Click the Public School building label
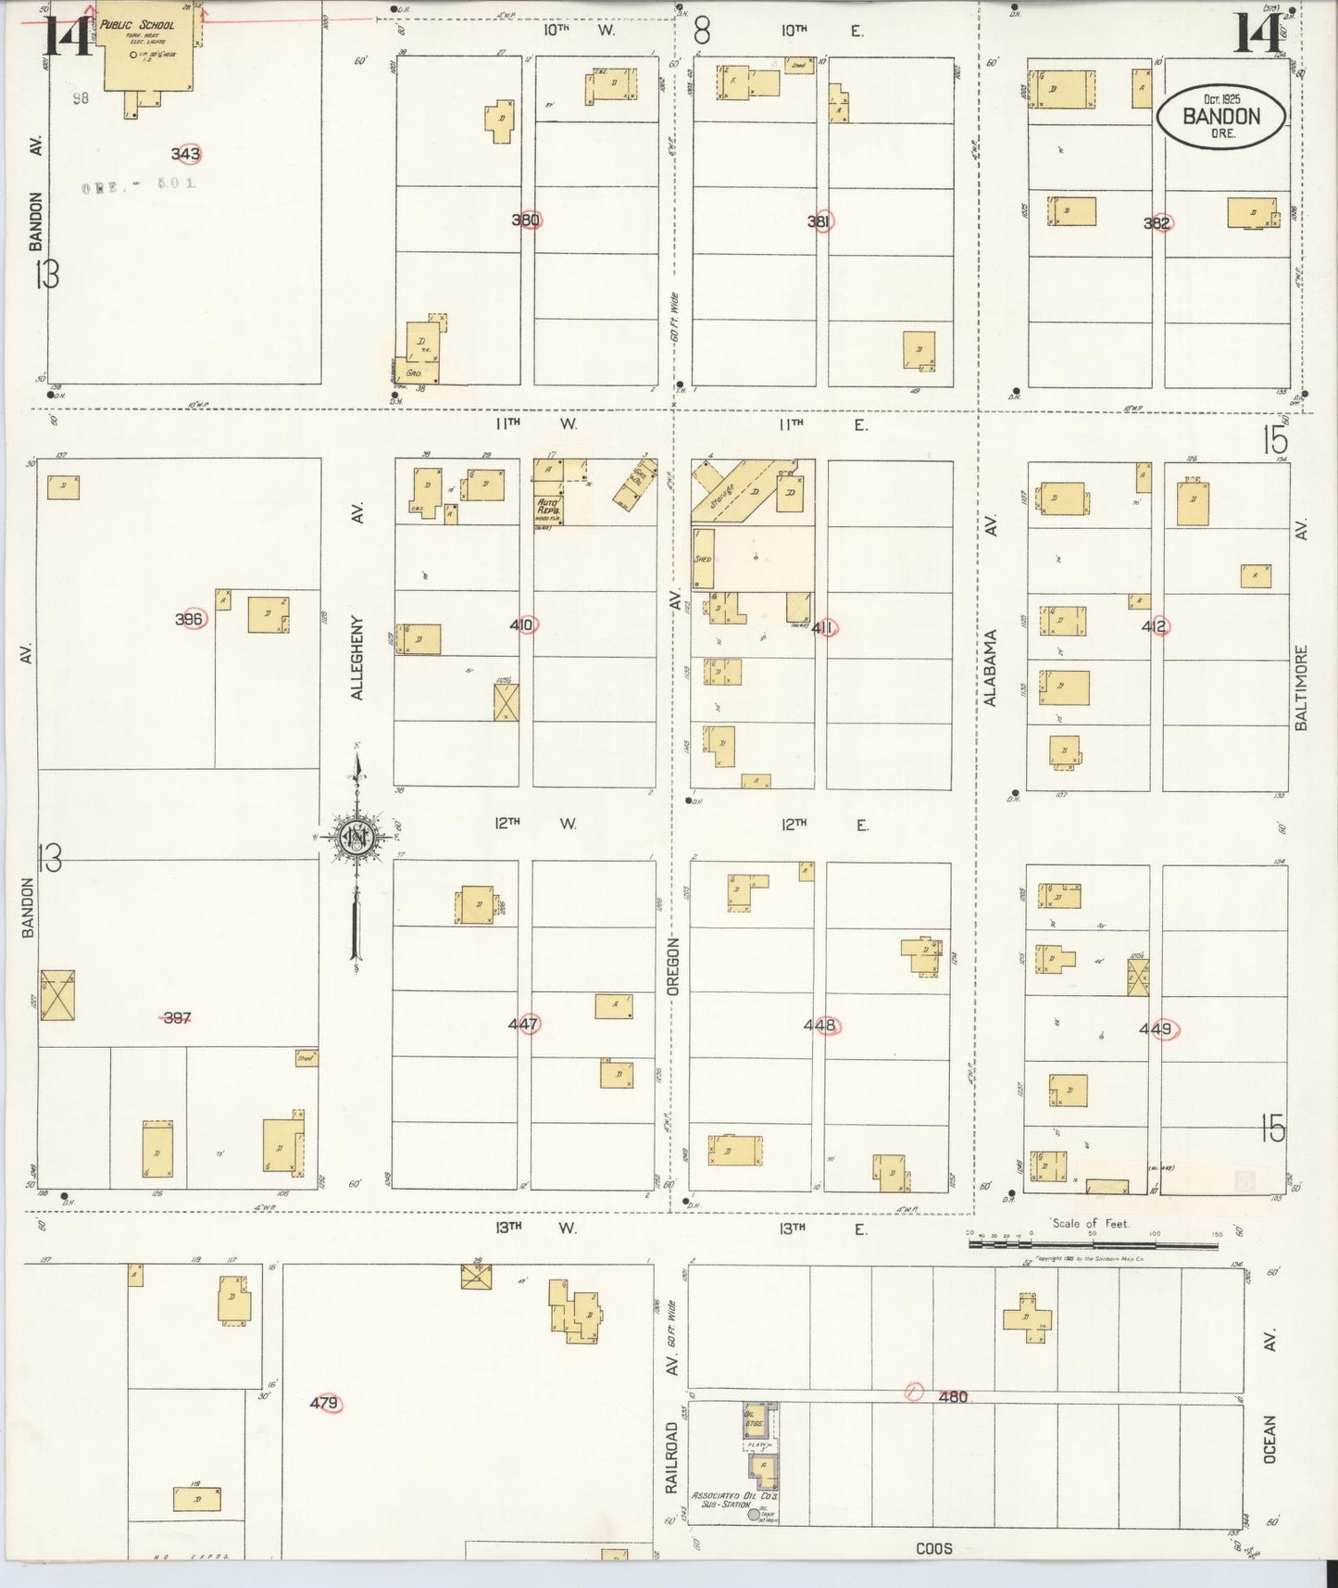click(137, 25)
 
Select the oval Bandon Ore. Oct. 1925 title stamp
click(1220, 116)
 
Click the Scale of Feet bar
click(1093, 1244)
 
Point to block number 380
click(527, 221)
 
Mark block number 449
click(1156, 1028)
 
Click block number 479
click(324, 1404)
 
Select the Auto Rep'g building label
click(549, 508)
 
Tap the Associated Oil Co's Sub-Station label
click(734, 1499)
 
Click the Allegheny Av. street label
click(357, 639)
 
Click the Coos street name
click(933, 1548)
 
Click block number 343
click(186, 154)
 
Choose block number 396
click(190, 619)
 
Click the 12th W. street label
click(535, 824)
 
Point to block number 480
click(952, 1396)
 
